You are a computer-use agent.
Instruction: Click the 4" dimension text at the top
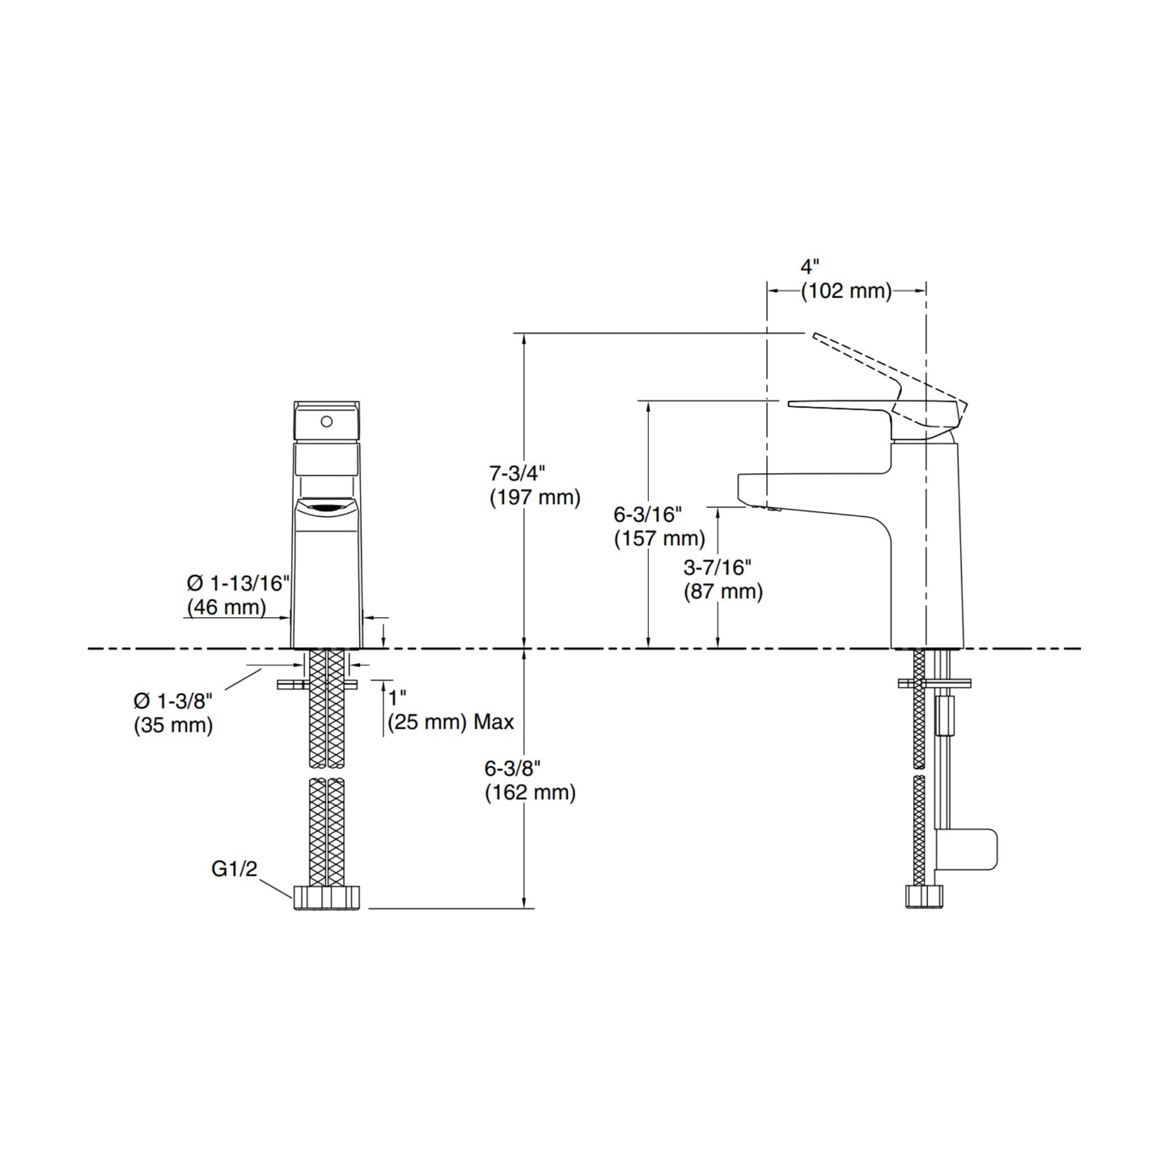[810, 266]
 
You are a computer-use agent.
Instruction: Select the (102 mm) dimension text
[846, 291]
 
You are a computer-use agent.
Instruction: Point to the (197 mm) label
[535, 498]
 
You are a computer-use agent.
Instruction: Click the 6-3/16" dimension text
[648, 515]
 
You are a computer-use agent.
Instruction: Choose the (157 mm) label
[659, 539]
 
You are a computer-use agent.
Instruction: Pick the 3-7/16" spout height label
[718, 567]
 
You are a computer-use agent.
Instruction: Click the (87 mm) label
[723, 591]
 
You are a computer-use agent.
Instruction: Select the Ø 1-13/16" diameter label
[239, 583]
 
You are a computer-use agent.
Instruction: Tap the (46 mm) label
[227, 608]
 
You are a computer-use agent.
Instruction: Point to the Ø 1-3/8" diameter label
[173, 701]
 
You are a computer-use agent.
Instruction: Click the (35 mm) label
[173, 725]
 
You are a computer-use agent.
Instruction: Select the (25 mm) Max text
[451, 722]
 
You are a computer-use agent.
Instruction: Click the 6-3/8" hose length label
[512, 768]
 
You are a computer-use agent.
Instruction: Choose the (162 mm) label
[530, 793]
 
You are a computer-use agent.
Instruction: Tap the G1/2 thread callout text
[234, 869]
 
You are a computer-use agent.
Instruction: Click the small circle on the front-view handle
[327, 421]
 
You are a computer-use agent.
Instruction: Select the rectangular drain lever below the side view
[967, 849]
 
